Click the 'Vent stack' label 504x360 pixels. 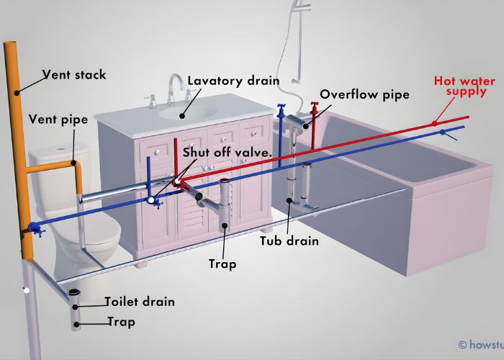click(73, 74)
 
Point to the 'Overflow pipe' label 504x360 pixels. click(364, 94)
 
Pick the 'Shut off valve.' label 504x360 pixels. click(227, 153)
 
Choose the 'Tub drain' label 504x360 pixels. click(289, 240)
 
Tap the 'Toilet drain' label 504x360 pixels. click(139, 302)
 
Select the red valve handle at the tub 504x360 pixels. click(313, 107)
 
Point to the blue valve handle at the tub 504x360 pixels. click(281, 109)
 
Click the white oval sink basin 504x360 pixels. click(187, 111)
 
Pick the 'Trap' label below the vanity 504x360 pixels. click(222, 264)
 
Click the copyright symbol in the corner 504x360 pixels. click(462, 345)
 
